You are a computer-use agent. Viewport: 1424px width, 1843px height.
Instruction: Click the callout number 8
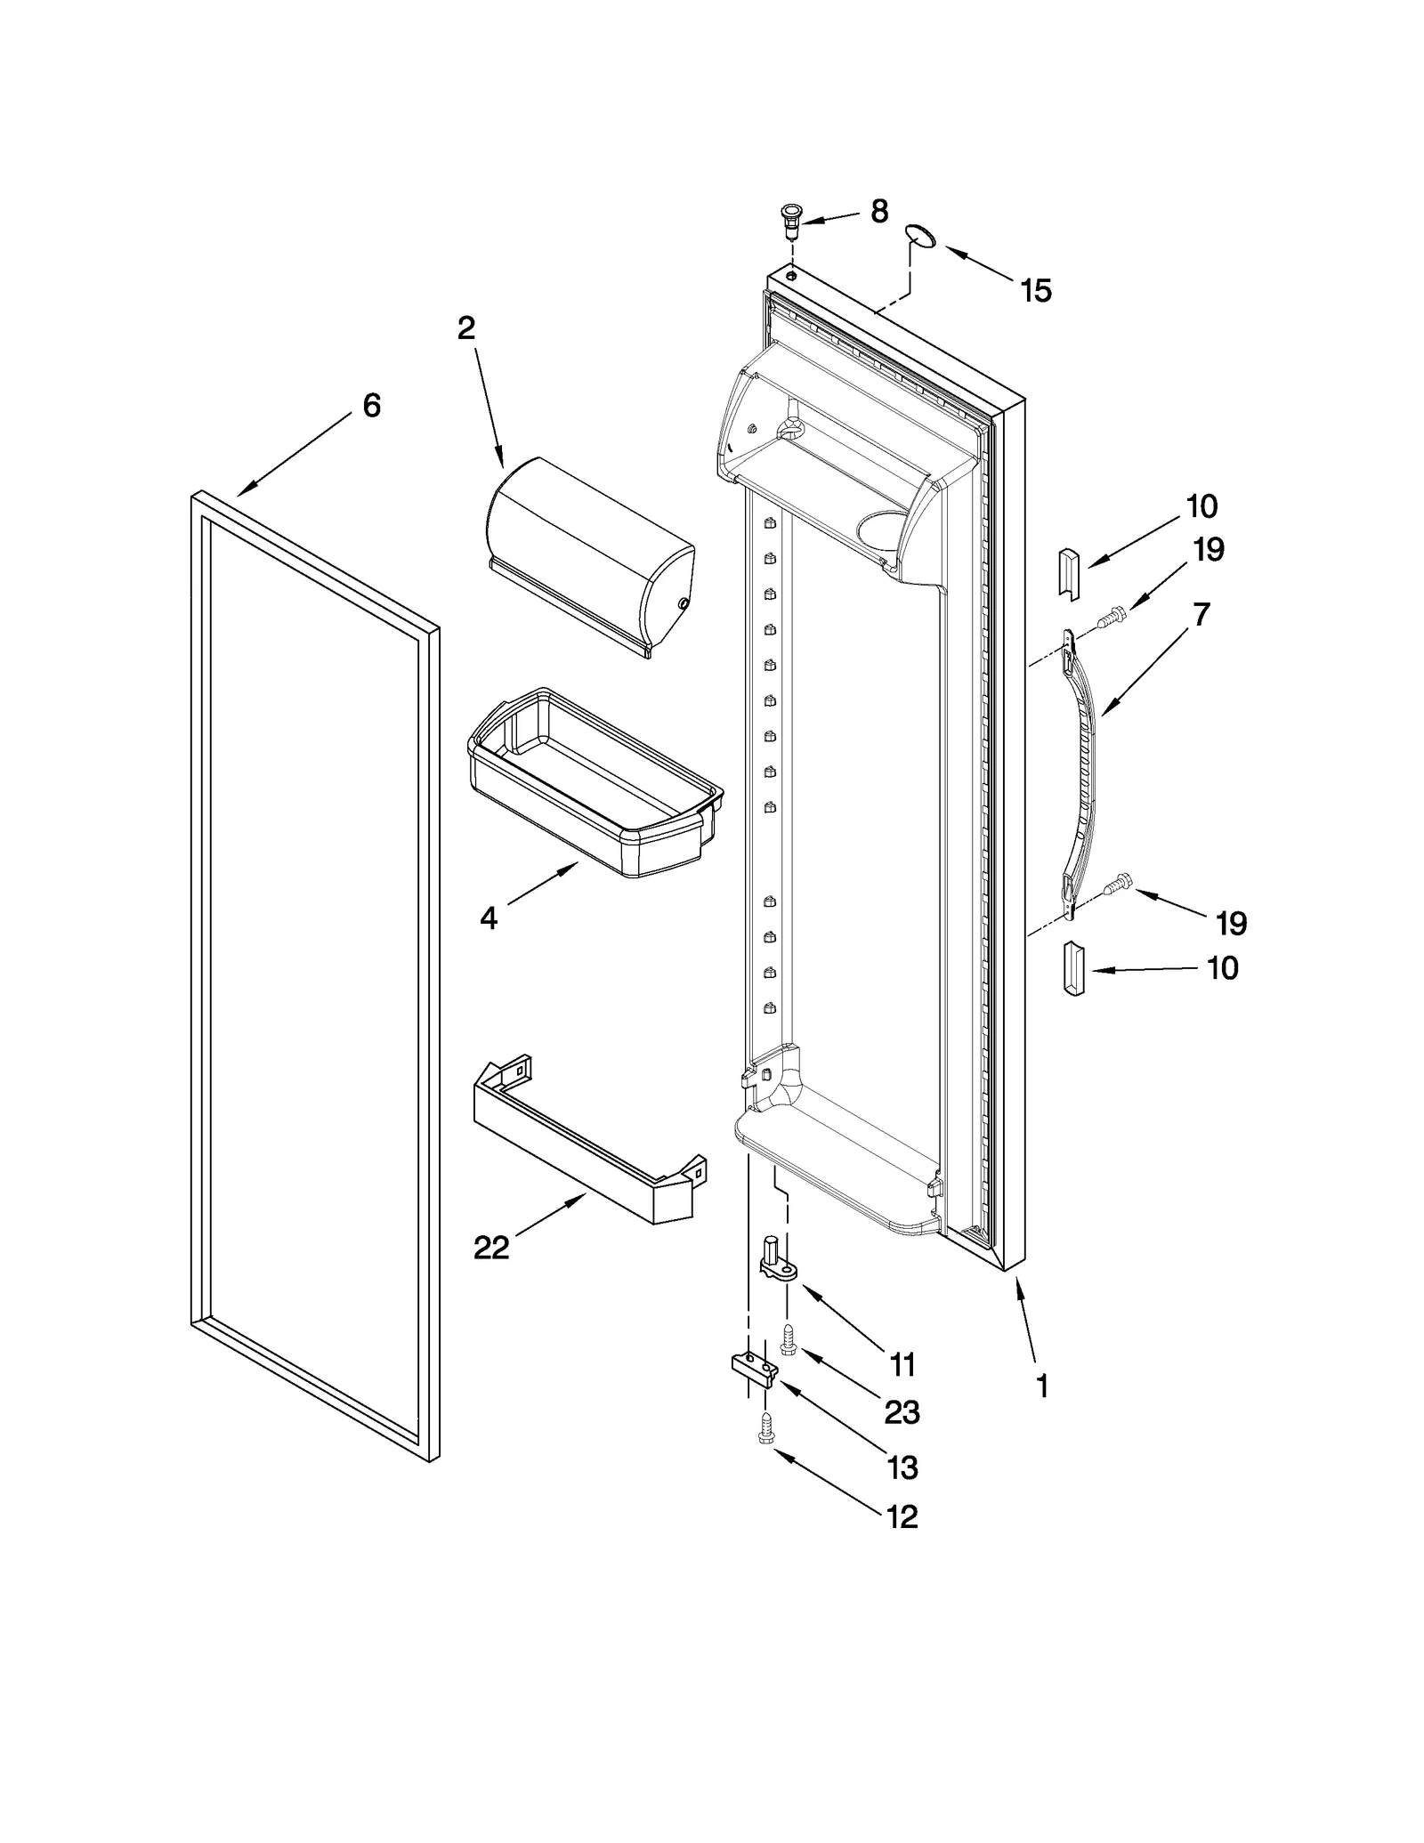(x=878, y=212)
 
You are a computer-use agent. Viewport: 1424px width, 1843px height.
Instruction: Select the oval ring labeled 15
(x=919, y=236)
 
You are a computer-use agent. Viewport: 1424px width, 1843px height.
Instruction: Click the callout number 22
(x=491, y=1249)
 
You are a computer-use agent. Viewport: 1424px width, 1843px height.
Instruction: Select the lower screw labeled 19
(x=1119, y=884)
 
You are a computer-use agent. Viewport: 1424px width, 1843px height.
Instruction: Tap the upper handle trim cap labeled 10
(x=1068, y=572)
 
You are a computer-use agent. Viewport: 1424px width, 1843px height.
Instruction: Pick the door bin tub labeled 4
(x=595, y=783)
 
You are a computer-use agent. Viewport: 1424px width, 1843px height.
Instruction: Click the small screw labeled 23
(x=787, y=1338)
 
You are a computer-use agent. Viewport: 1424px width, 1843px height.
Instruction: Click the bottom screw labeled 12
(x=765, y=1430)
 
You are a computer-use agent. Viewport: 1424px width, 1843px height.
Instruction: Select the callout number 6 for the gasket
(x=371, y=406)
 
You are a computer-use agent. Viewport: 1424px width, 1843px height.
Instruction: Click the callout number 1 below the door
(x=1042, y=1411)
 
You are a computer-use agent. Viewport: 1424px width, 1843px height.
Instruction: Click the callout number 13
(x=902, y=1467)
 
